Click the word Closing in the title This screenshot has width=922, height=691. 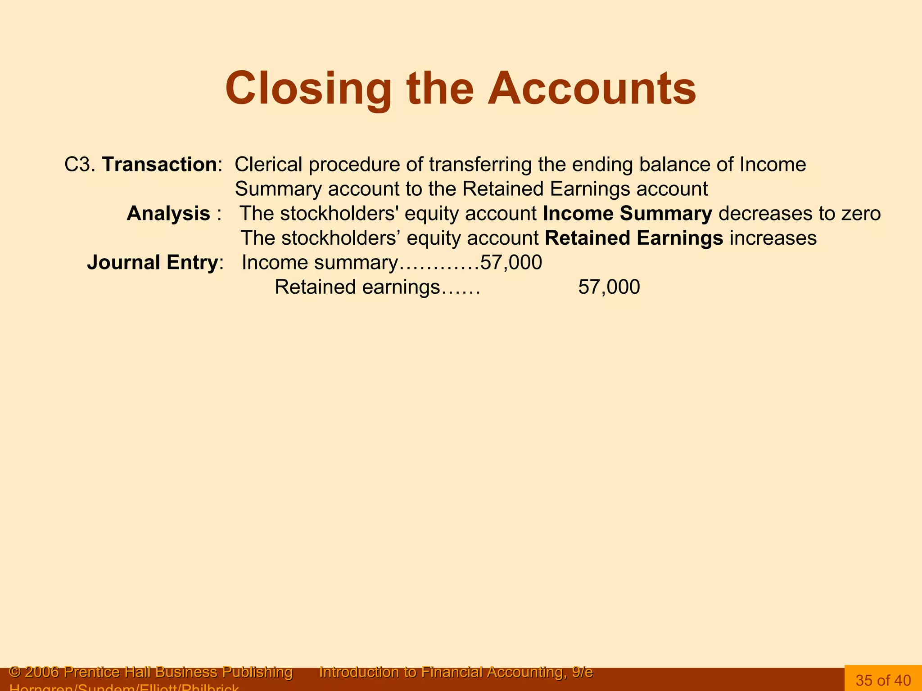pos(308,89)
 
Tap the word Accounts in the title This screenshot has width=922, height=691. pos(592,89)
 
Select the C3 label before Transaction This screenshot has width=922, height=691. pos(77,165)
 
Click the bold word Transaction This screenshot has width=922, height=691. pos(159,165)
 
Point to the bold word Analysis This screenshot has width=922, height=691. pos(168,214)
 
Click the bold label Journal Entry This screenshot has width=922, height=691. pos(153,263)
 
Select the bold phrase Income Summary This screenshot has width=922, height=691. pos(627,214)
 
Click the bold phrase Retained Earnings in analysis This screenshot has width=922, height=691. pos(634,238)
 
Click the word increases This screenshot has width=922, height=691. pos(773,238)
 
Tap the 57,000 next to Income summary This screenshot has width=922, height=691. pos(511,263)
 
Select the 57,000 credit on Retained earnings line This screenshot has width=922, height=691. pos(609,287)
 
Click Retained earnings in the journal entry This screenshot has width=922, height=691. pos(357,287)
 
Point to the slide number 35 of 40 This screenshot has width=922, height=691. pos(883,680)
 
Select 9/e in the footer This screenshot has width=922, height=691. pos(582,672)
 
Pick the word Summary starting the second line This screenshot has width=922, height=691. pos(278,189)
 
